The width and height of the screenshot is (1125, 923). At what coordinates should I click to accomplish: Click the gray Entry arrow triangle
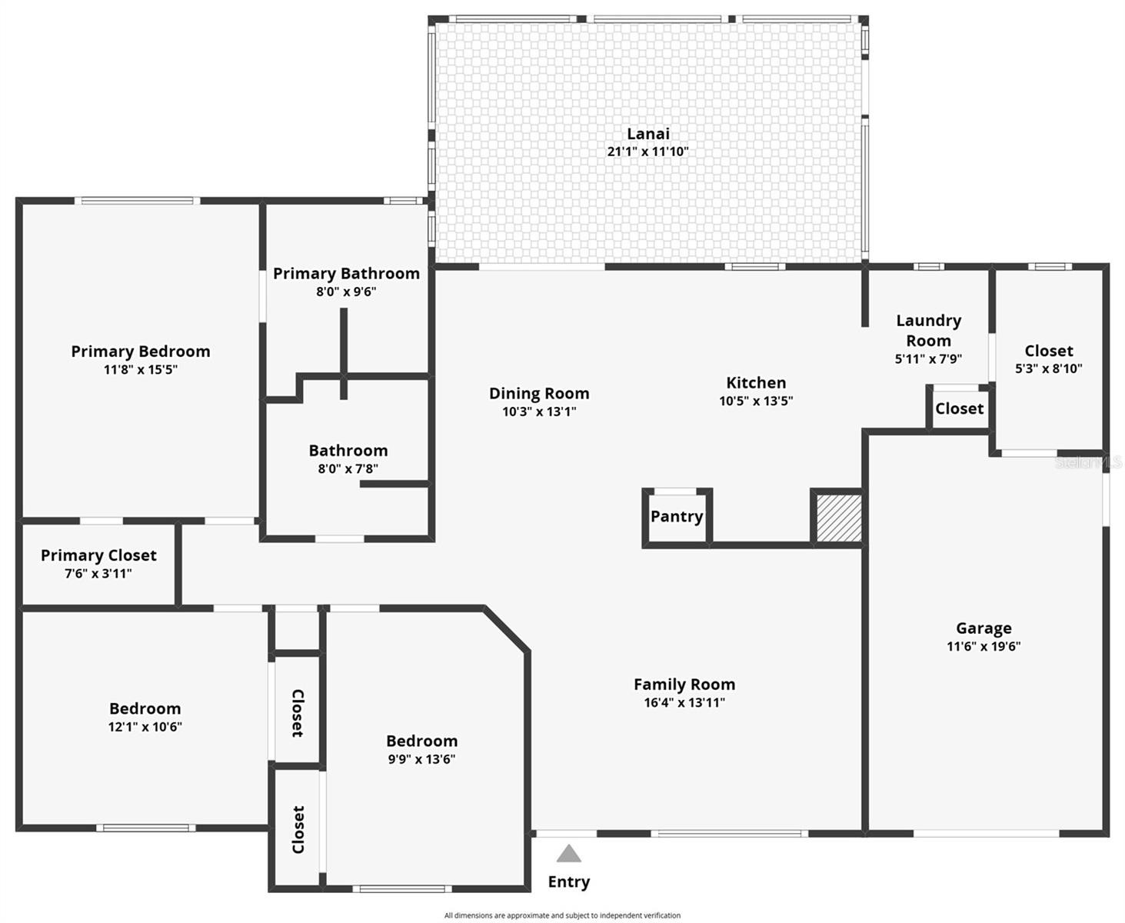click(x=568, y=853)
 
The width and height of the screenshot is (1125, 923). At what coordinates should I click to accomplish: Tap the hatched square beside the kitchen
click(x=839, y=518)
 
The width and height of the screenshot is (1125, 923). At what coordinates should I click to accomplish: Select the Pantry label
click(x=677, y=516)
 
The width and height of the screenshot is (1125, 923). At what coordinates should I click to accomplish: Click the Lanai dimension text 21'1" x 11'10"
click(x=647, y=152)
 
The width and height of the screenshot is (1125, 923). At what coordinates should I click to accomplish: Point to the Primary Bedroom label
click(x=141, y=351)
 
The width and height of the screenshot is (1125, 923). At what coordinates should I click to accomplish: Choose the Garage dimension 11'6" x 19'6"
click(x=984, y=646)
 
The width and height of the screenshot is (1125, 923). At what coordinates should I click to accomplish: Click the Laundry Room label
click(x=929, y=330)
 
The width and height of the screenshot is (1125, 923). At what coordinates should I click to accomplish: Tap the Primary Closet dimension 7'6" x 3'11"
click(x=98, y=574)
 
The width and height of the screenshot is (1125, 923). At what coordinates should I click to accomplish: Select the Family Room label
click(x=684, y=684)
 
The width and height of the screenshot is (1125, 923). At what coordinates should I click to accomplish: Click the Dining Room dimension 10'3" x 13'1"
click(x=539, y=412)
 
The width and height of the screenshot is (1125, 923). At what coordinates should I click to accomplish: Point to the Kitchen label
click(x=756, y=382)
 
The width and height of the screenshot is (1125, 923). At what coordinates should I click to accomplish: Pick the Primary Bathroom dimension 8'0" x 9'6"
click(x=346, y=292)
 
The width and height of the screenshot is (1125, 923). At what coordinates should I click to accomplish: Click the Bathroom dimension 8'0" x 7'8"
click(x=348, y=469)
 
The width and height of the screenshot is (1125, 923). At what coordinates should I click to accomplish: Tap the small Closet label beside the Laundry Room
click(x=959, y=408)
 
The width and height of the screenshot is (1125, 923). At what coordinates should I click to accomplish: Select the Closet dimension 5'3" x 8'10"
click(x=1049, y=368)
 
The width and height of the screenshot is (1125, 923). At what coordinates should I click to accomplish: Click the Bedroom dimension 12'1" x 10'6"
click(x=145, y=727)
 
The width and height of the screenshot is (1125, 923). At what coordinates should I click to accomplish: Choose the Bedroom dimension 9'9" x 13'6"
click(x=421, y=759)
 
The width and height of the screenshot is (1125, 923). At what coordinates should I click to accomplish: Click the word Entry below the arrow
click(x=568, y=882)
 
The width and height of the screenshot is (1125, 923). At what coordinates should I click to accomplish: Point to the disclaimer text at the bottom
click(x=562, y=915)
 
